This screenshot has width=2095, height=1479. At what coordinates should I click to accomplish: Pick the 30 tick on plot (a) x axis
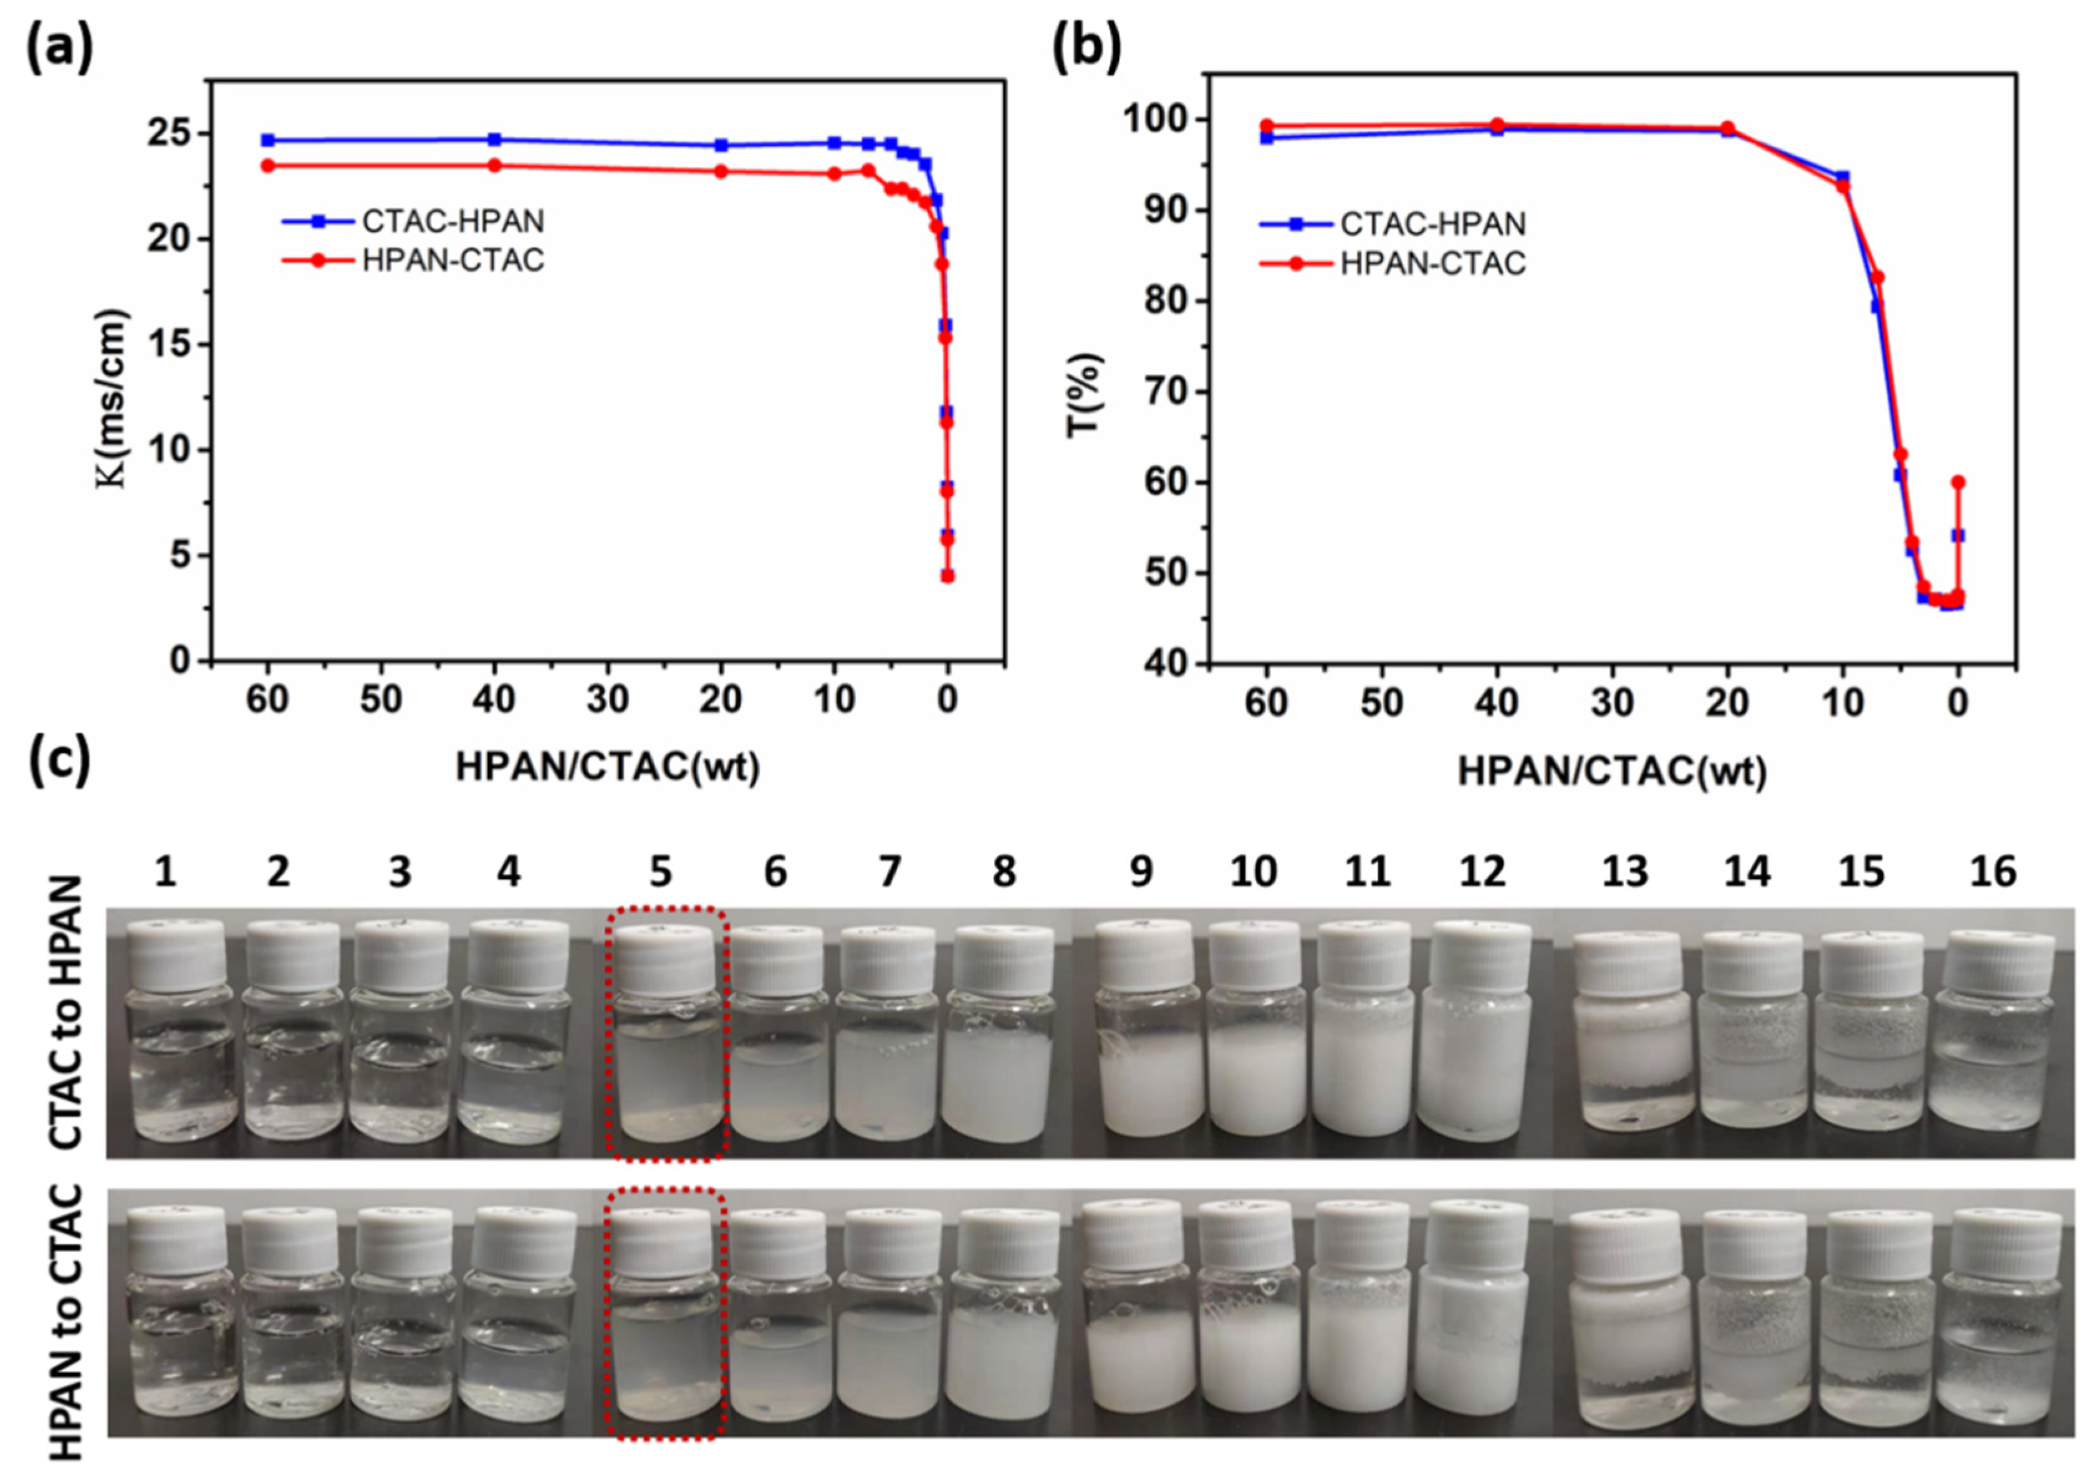[606, 700]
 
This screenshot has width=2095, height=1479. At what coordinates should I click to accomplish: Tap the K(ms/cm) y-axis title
[113, 399]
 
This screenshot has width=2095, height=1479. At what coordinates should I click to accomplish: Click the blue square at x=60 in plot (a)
[267, 140]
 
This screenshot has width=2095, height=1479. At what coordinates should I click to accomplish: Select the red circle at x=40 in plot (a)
[494, 165]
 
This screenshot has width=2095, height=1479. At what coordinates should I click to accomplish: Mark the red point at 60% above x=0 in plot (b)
[1957, 482]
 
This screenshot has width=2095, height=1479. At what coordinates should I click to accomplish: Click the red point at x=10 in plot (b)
[1843, 186]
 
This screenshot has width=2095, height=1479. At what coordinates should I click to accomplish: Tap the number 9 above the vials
[1141, 872]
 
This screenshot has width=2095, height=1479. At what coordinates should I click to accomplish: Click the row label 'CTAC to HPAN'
[65, 1013]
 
